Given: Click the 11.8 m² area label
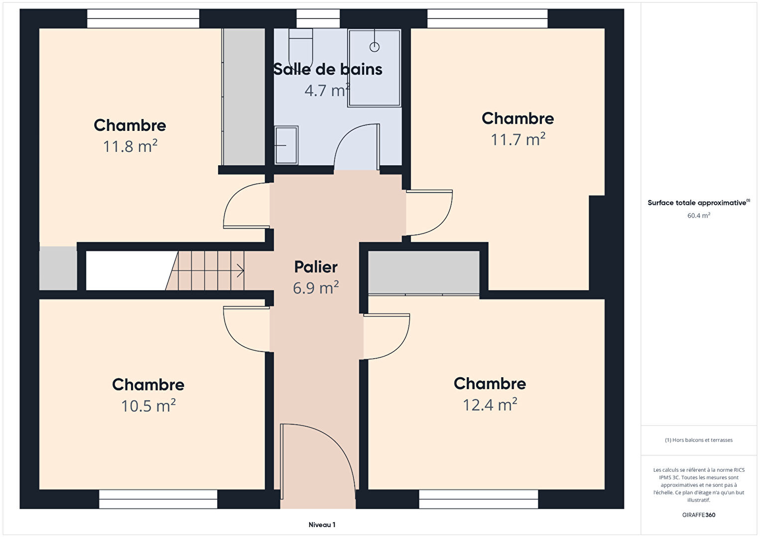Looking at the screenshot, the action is [x=130, y=146].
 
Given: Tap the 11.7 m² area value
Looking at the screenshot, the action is [x=518, y=139].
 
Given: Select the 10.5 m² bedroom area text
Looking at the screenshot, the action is [x=148, y=406].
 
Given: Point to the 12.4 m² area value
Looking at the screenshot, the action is [x=490, y=405].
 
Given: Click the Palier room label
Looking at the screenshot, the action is [x=316, y=267].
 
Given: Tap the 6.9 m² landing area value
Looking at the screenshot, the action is [x=316, y=288].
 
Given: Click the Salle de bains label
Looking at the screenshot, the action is [x=328, y=69].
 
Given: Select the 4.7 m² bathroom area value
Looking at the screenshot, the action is [x=327, y=90].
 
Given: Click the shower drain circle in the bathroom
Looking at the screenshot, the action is [x=374, y=47].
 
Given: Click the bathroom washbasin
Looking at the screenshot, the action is [x=286, y=145].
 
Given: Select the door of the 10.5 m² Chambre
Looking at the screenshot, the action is [x=247, y=329].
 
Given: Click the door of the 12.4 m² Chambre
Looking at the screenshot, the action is [x=386, y=336].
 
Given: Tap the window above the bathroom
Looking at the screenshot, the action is [x=318, y=18].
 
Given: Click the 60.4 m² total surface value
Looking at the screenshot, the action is [x=699, y=215].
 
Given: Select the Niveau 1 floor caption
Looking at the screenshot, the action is [x=322, y=525].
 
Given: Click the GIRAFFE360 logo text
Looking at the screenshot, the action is [x=699, y=515].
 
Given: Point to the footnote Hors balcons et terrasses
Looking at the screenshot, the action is [x=699, y=440].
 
